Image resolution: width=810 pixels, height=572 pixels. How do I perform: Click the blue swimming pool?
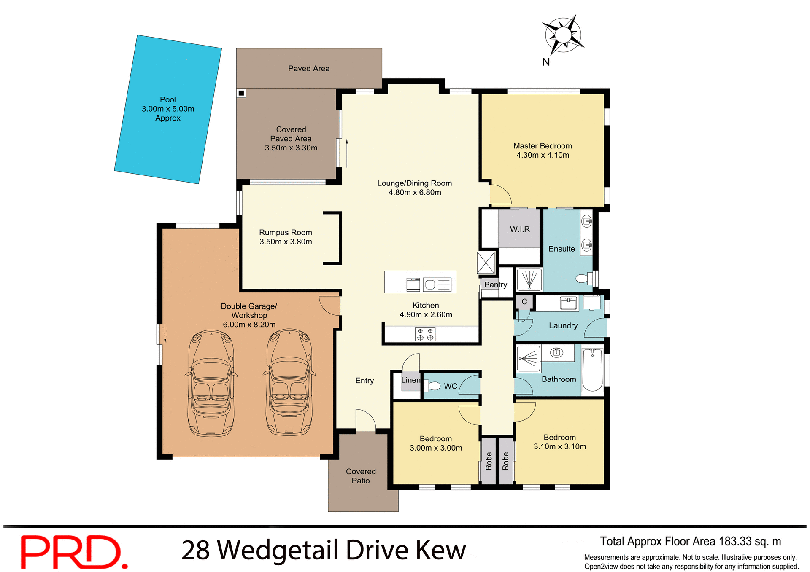click(x=168, y=110)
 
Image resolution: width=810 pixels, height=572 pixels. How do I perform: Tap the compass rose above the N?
click(x=563, y=35)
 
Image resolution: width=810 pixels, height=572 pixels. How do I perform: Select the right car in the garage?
click(x=289, y=383)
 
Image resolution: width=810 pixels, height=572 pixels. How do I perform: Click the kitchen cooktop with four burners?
click(x=425, y=334)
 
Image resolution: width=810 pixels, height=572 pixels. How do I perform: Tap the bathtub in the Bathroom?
click(x=592, y=370)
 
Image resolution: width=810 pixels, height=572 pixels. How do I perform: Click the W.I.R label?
click(x=519, y=229)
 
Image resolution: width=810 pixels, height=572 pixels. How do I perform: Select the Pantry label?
click(x=495, y=285)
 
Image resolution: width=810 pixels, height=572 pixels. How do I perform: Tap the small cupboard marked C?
click(x=524, y=302)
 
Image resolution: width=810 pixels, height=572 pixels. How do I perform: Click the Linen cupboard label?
click(x=410, y=380)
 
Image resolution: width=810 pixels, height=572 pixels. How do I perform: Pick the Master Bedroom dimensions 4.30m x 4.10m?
click(x=543, y=155)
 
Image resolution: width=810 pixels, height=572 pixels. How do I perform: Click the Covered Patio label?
click(x=361, y=476)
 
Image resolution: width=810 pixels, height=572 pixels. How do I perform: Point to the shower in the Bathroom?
click(x=529, y=359)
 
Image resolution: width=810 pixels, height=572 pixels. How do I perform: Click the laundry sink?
click(x=568, y=303)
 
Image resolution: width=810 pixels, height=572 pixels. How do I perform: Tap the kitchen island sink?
click(x=430, y=285)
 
